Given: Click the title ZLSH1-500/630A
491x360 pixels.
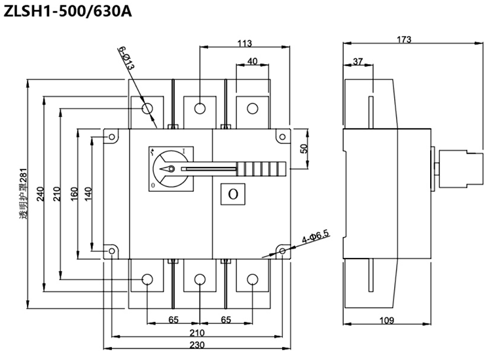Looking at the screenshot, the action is click(67, 12).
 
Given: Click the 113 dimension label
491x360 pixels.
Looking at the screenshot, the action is click(245, 43).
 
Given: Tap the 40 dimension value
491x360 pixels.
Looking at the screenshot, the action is click(253, 61).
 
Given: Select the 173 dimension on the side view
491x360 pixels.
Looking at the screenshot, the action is click(404, 39).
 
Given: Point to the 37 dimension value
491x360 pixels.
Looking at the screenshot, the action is click(357, 61).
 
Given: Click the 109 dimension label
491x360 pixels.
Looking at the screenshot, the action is click(387, 320).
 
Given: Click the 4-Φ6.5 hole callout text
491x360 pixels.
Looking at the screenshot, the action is click(316, 236).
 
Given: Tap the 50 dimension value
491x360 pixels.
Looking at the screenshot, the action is click(304, 148).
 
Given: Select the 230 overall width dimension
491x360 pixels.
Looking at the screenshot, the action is click(197, 345).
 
